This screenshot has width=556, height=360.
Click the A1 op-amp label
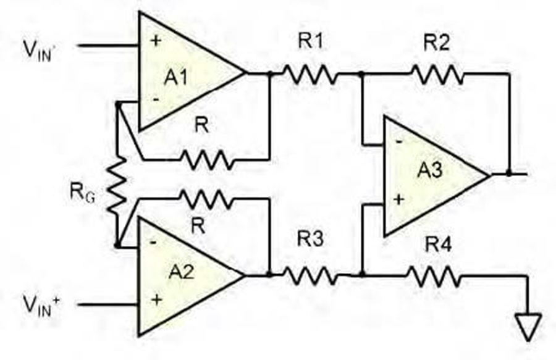(x=176, y=77)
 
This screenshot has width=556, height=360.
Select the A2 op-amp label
(x=182, y=272)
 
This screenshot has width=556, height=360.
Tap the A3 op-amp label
(x=430, y=169)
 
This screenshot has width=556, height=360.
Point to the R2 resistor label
(x=437, y=43)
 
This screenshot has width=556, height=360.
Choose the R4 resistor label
(x=439, y=244)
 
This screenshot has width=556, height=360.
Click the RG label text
(x=83, y=193)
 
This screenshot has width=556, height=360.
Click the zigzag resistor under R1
(x=311, y=73)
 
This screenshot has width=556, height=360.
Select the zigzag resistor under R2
(x=438, y=73)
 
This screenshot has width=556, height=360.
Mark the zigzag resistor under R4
(x=436, y=275)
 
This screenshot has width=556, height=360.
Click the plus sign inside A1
(x=156, y=40)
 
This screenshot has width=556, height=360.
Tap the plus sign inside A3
(x=398, y=199)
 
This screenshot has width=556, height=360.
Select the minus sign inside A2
(x=153, y=242)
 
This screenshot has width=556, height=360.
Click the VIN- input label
(x=38, y=51)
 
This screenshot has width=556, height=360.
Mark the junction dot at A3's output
(x=509, y=174)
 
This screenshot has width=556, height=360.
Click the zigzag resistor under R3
(x=311, y=275)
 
